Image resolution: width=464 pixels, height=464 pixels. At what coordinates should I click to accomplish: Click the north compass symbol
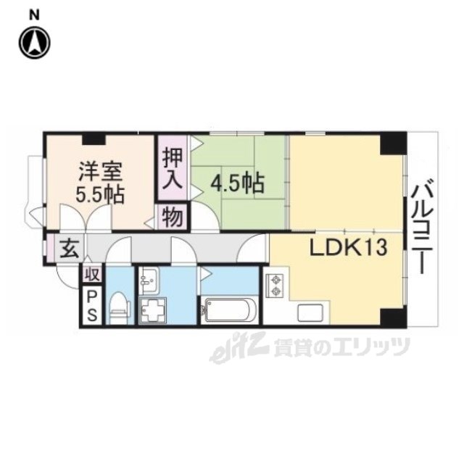tap(35, 42)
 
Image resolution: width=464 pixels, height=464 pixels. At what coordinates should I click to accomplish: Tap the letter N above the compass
tap(35, 15)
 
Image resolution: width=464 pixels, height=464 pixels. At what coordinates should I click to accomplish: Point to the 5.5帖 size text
tap(100, 194)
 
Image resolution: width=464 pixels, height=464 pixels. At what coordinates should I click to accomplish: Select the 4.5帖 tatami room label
tap(237, 183)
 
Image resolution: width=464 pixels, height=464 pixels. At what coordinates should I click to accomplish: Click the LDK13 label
tap(348, 247)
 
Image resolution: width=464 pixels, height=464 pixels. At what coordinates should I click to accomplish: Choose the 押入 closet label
tap(173, 169)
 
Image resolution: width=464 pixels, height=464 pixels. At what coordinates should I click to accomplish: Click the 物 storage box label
tap(173, 217)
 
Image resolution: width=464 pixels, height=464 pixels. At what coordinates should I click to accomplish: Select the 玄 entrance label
tap(70, 249)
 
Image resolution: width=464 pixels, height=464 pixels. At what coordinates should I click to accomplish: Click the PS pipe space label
tap(92, 305)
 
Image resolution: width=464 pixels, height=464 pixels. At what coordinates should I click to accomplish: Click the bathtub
tap(228, 310)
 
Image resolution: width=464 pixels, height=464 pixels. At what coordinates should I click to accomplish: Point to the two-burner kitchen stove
tap(275, 286)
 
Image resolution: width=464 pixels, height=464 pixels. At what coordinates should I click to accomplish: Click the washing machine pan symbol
tap(152, 310)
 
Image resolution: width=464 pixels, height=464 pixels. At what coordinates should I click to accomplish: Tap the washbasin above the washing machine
tap(150, 281)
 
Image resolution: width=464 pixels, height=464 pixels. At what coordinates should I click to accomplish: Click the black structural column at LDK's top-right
tap(392, 144)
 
